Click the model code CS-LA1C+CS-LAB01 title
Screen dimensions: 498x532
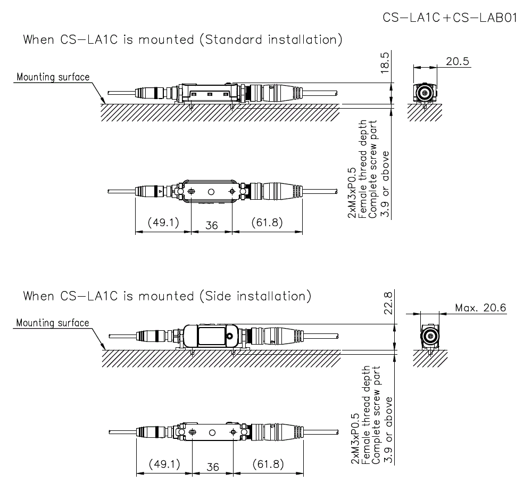coord(450,18)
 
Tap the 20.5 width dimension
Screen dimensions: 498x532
coord(458,61)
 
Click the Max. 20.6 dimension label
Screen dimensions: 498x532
coord(480,307)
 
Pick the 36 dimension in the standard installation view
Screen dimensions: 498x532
coord(212,225)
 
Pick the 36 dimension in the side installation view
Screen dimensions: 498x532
coord(212,467)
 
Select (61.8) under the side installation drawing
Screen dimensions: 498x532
coord(268,464)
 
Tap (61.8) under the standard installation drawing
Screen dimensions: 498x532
coord(267,223)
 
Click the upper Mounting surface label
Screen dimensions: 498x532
coord(53,77)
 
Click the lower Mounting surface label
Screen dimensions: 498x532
coord(53,323)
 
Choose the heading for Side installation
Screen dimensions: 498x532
coord(167,296)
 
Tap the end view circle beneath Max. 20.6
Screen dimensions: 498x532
coord(429,337)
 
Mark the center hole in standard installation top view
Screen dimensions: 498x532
coord(211,191)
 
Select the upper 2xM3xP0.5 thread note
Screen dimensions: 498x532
coord(352,197)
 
